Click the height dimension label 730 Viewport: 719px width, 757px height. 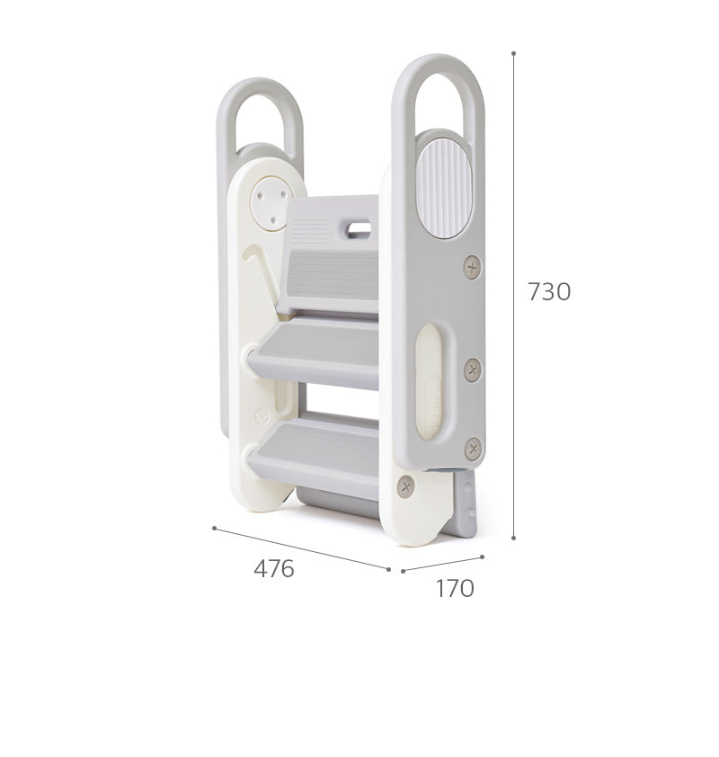coord(548,291)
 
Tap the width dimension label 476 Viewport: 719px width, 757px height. coord(273,568)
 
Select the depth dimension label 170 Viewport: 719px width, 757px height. coord(455,588)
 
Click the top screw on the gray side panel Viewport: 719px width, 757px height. coord(473,266)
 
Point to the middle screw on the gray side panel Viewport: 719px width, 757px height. coord(473,370)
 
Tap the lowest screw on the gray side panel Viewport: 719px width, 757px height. coord(473,449)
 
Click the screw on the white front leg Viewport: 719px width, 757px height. coord(406,485)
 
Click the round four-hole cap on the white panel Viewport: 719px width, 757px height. coord(272,202)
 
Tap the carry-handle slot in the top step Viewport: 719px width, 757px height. coord(358,227)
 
